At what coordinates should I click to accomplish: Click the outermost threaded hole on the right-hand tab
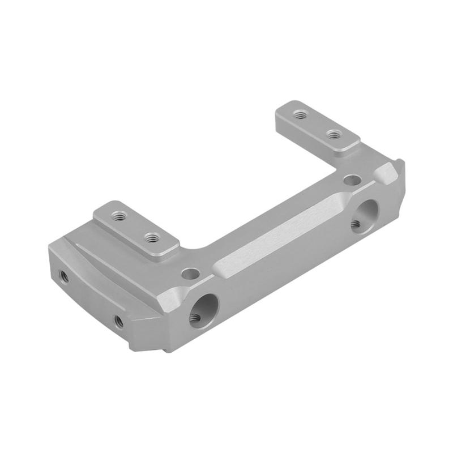click(301, 114)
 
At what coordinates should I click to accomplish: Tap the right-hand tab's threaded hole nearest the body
click(335, 134)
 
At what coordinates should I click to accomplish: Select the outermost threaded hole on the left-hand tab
click(118, 216)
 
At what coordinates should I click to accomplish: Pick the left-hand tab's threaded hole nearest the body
click(151, 238)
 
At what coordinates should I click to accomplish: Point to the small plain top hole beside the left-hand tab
click(191, 275)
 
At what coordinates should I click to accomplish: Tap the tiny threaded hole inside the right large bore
click(356, 224)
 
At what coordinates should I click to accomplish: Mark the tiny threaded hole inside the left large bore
click(194, 318)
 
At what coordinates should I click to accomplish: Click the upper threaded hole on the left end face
click(64, 277)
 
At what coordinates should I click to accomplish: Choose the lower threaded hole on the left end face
click(118, 322)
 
